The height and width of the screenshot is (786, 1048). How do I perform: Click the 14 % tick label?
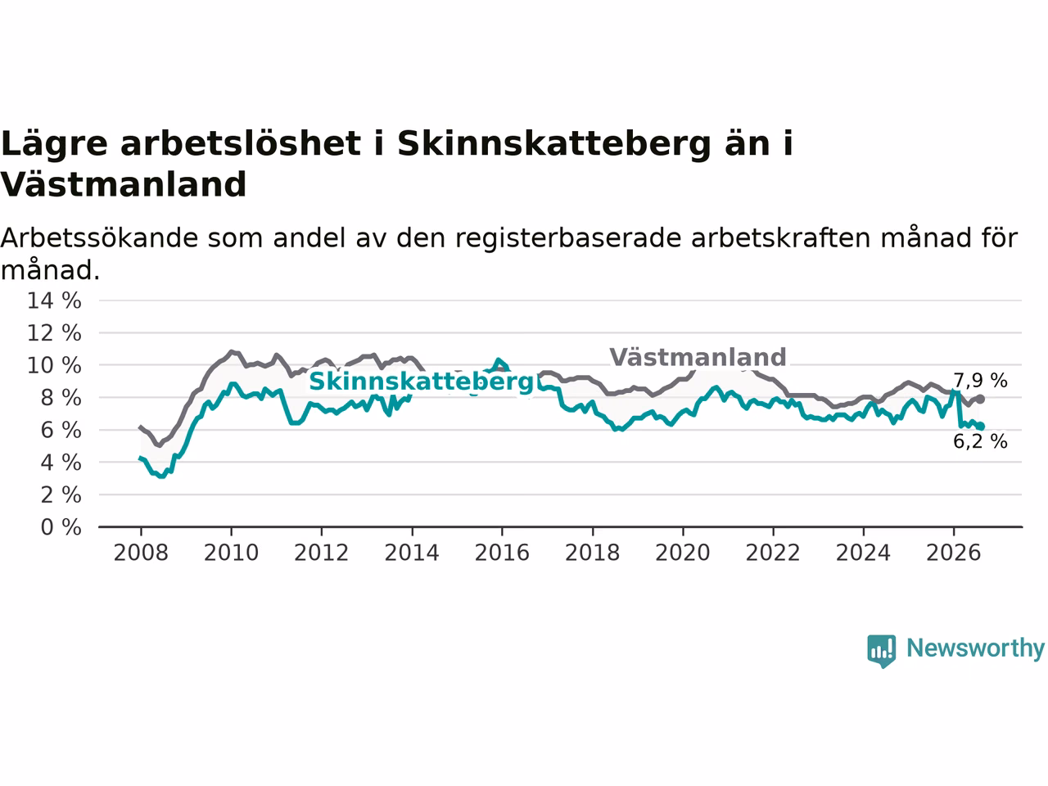(54, 300)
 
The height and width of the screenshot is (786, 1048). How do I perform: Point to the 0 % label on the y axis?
(61, 527)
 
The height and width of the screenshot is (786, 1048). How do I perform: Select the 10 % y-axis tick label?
(54, 365)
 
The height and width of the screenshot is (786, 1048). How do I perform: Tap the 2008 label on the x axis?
(141, 553)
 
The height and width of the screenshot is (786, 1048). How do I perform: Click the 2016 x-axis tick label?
(502, 553)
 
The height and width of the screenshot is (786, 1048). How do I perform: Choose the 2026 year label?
(954, 553)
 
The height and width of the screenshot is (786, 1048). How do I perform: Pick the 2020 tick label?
(682, 553)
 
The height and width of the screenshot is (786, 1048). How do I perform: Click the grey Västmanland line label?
(698, 357)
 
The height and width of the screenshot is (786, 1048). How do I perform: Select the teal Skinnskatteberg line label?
(422, 382)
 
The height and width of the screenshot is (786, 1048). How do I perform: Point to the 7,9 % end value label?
(980, 381)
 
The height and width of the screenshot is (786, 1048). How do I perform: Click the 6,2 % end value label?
(980, 441)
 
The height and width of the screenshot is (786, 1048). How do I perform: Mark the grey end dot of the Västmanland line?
(980, 399)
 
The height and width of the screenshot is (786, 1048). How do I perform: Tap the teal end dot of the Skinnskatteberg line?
(981, 427)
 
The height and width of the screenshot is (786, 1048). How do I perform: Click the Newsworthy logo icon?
(881, 651)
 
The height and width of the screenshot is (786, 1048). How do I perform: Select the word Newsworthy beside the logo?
(975, 648)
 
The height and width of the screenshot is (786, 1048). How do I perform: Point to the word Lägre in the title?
(54, 144)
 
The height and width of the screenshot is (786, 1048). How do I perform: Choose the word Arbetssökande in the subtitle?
(99, 237)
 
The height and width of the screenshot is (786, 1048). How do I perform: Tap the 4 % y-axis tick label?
(61, 463)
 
